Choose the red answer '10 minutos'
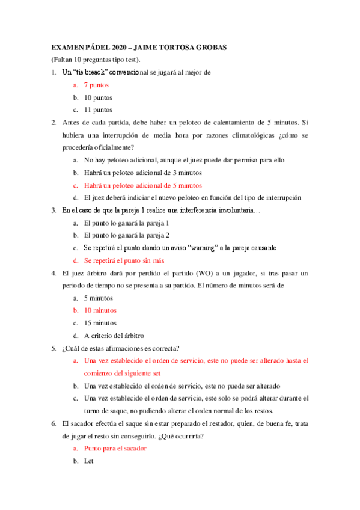click(x=100, y=310)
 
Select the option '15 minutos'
click(x=100, y=323)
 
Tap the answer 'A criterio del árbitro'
click(x=114, y=336)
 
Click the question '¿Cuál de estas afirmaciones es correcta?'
click(x=123, y=348)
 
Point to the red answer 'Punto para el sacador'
click(x=115, y=449)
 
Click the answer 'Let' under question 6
click(x=88, y=461)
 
